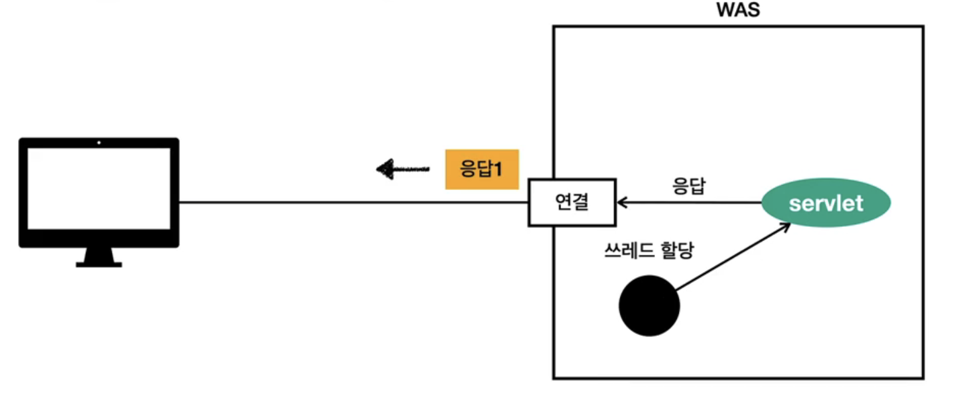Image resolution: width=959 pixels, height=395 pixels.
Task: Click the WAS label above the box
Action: (x=739, y=11)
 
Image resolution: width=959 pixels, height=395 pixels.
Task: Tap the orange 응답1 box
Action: (x=481, y=169)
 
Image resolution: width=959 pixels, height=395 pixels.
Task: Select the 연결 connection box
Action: (x=572, y=202)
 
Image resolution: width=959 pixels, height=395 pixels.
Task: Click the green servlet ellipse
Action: (x=826, y=202)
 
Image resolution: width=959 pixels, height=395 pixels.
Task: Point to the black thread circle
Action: (x=649, y=306)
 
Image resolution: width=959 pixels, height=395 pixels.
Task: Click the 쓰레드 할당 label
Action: (x=649, y=252)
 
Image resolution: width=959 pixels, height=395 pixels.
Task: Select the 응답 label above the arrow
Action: (x=689, y=186)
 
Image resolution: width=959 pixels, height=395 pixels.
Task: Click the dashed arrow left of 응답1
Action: (x=405, y=169)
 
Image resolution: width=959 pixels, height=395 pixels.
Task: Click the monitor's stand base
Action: (x=99, y=265)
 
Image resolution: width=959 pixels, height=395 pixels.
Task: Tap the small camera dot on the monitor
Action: (x=99, y=143)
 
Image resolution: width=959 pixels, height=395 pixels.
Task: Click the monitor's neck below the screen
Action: (x=99, y=254)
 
